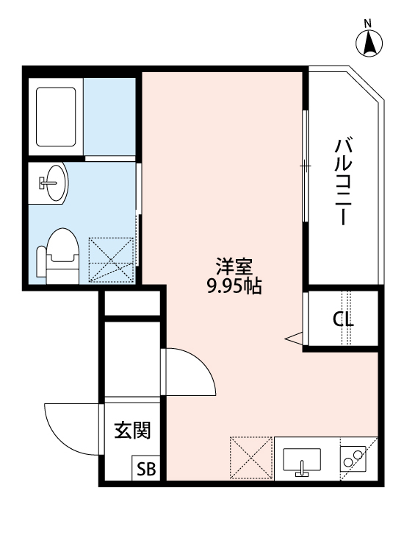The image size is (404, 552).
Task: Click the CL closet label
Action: [342, 320]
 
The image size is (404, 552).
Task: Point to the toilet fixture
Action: [59, 254]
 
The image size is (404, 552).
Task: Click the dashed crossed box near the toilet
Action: [112, 259]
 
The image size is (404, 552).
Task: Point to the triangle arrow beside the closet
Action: [295, 339]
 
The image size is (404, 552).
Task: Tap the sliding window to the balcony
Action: [304, 166]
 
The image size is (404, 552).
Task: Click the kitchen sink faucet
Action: [302, 470]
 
